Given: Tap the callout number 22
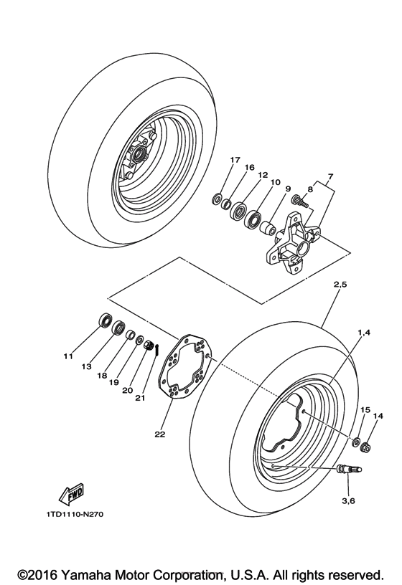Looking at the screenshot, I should click(x=158, y=434).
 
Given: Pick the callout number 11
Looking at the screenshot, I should click(x=70, y=356).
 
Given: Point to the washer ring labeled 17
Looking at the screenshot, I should click(x=216, y=197).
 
